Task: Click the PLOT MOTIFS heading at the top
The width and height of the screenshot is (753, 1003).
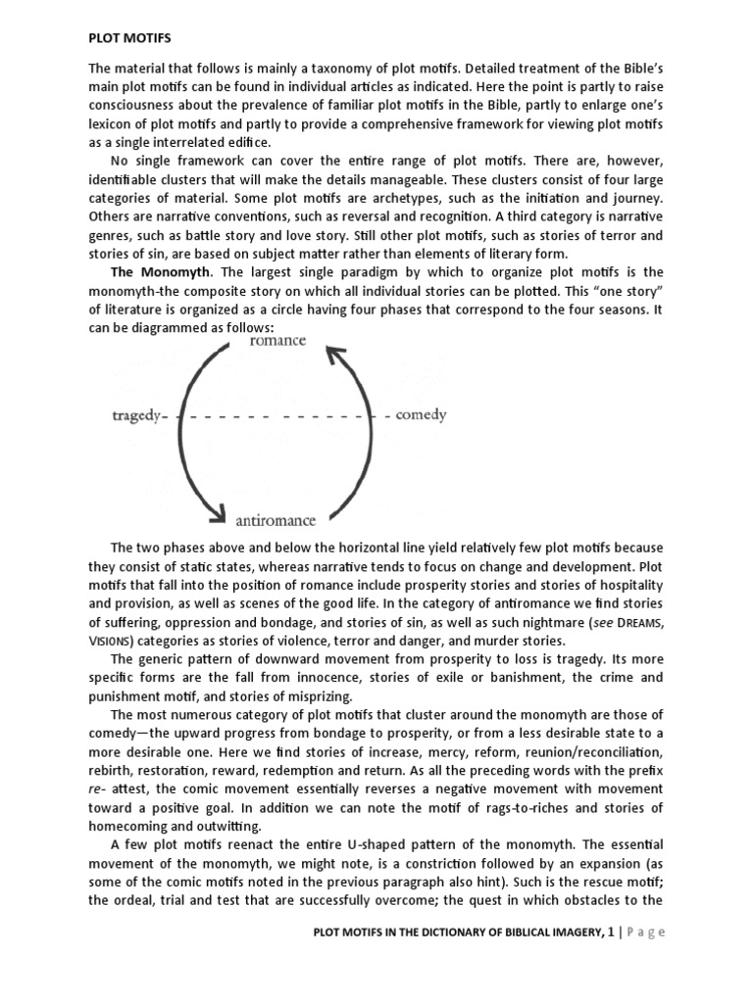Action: pos(129,38)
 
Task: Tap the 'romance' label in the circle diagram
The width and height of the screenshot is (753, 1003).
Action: pos(277,340)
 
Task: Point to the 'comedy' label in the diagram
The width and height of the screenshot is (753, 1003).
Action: pos(422,414)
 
